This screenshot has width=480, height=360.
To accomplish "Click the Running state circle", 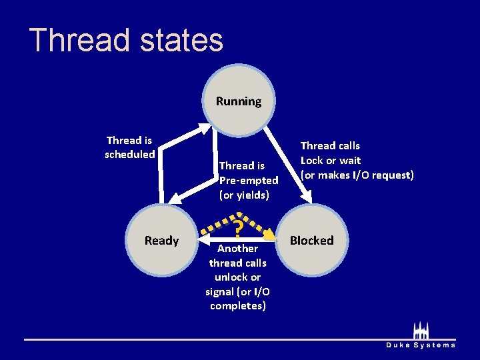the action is tap(238, 101).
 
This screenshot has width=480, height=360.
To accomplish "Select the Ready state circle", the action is tap(161, 240).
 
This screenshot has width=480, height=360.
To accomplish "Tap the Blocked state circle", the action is tap(311, 240).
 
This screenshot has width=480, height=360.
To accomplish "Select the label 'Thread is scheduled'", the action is tap(129, 147).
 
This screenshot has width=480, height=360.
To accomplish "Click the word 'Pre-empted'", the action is tap(249, 180).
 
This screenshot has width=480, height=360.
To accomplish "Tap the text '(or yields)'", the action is tap(244, 195).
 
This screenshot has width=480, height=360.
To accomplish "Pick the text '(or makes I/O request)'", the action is tap(357, 175).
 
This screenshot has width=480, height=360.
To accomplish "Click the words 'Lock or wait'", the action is tap(331, 160).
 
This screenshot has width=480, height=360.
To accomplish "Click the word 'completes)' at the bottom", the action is tap(237, 305).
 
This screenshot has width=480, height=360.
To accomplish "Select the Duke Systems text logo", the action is tap(421, 345).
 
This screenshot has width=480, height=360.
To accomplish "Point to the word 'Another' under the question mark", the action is tap(237, 248).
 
